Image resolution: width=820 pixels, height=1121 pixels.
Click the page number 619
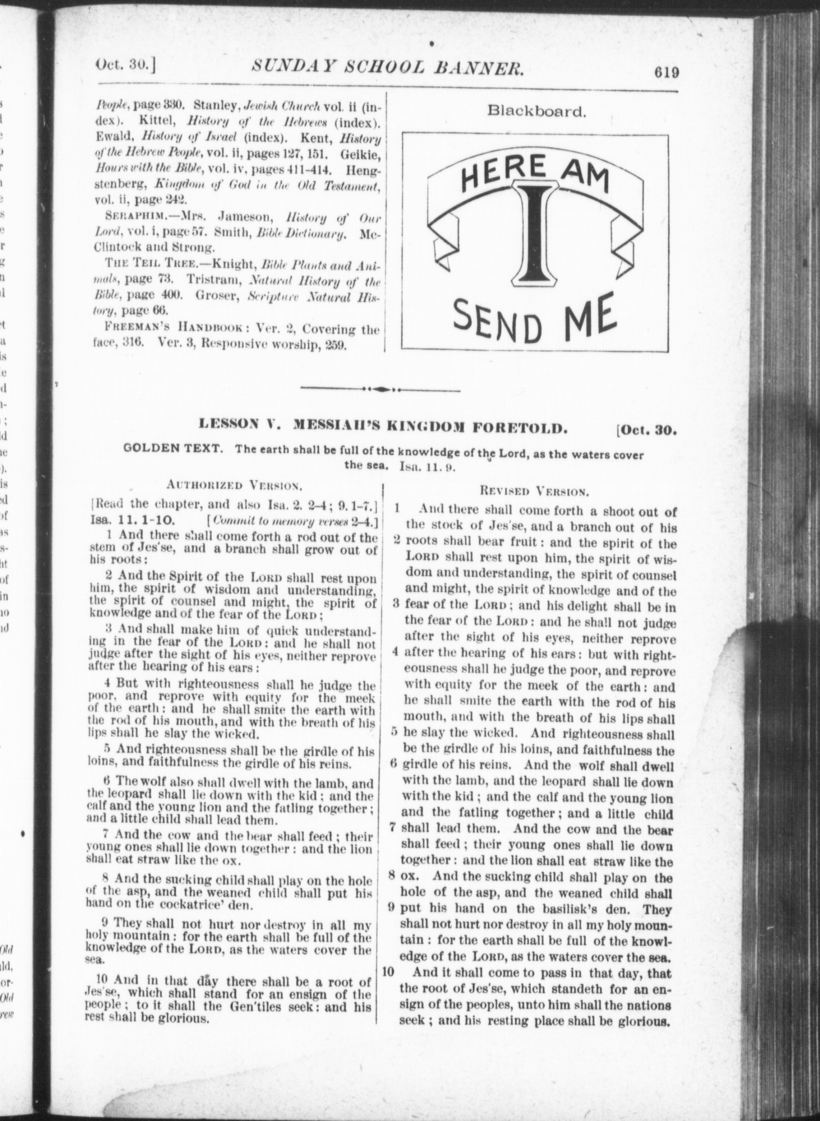pyautogui.click(x=665, y=72)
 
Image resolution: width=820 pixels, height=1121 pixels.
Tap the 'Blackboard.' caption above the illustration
pyautogui.click(x=537, y=111)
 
